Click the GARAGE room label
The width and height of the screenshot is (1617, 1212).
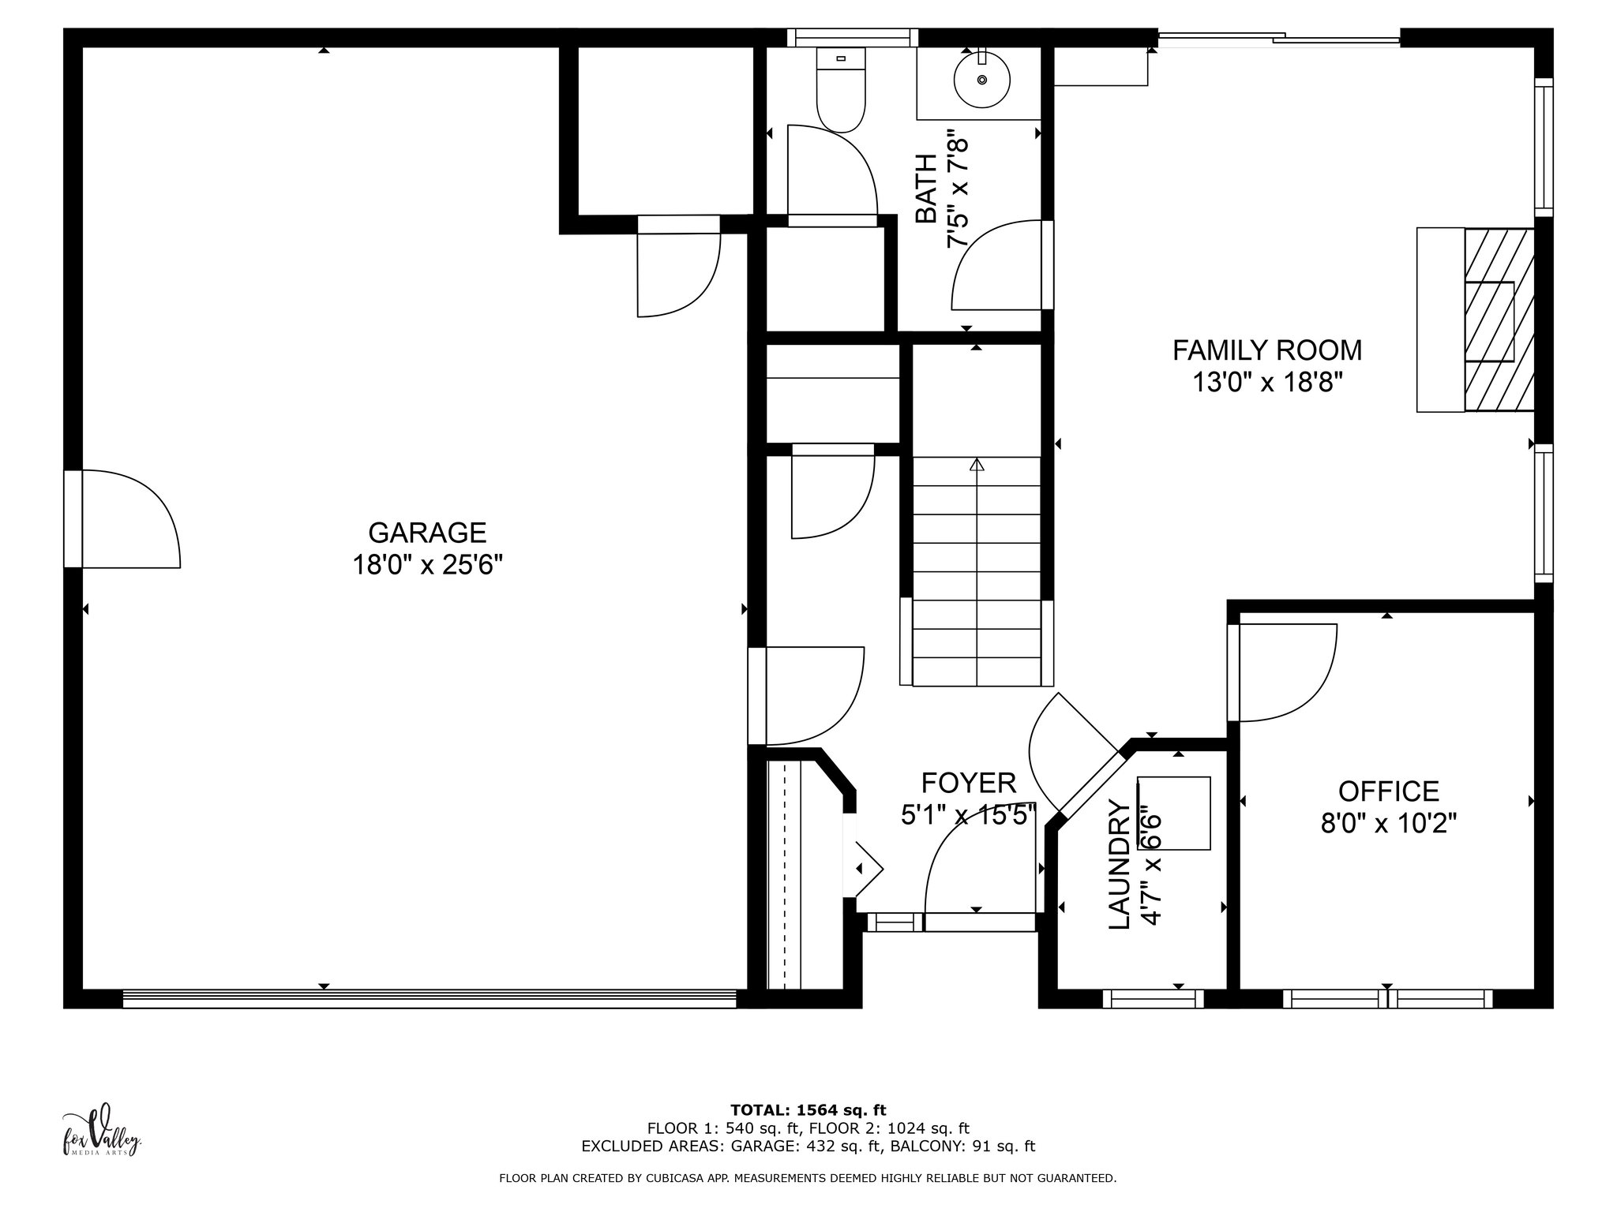coord(427,533)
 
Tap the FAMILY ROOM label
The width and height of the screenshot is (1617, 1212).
coord(1267,350)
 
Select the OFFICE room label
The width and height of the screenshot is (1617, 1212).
coord(1389,791)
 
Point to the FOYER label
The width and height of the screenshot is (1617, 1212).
coord(969,783)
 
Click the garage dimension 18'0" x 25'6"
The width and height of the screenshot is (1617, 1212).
coord(427,566)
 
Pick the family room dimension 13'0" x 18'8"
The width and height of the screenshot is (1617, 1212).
coord(1267,383)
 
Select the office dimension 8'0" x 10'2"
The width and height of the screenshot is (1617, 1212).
coord(1389,824)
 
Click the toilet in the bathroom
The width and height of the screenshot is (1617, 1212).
coord(841,89)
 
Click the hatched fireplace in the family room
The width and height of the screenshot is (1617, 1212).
coord(1499,320)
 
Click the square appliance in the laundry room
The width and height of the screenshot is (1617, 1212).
coord(1173,814)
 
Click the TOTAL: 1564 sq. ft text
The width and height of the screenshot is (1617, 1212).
coord(808,1110)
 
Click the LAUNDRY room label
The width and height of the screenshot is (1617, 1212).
coord(1120,865)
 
